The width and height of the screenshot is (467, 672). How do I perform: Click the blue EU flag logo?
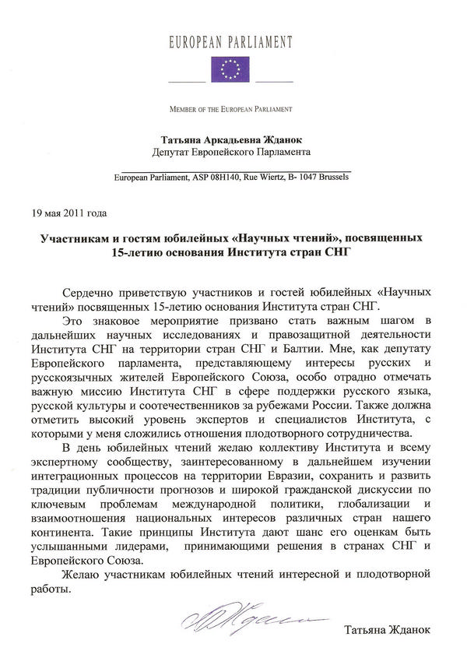(230, 69)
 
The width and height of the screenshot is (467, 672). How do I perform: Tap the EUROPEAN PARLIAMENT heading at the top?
(230, 42)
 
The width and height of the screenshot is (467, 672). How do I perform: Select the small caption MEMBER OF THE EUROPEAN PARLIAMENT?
(231, 107)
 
